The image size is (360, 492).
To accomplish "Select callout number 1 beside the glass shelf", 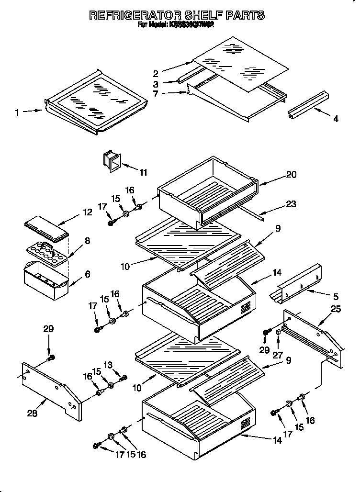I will [17, 112].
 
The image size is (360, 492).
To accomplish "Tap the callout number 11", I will [143, 173].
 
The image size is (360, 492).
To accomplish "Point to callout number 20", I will [292, 175].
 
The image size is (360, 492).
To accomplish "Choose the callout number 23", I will [291, 205].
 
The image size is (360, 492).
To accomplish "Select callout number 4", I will [336, 119].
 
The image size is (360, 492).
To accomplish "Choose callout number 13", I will [108, 365].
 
